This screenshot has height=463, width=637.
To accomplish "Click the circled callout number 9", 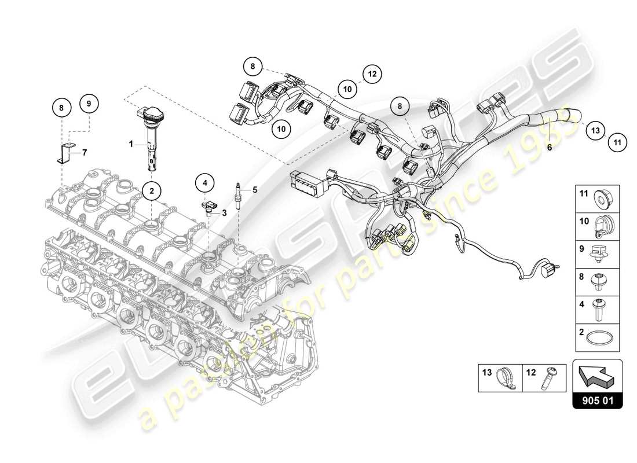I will click(x=89, y=104).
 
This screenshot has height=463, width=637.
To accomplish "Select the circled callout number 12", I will click(x=372, y=74).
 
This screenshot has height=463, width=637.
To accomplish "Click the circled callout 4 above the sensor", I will click(x=204, y=183).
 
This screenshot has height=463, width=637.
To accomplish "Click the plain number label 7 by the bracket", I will click(x=84, y=152).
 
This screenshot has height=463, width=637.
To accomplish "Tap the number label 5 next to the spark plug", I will click(x=254, y=189).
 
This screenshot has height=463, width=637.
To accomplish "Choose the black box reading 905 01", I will click(x=597, y=399).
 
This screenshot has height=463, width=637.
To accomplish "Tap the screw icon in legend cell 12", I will click(x=546, y=378).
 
